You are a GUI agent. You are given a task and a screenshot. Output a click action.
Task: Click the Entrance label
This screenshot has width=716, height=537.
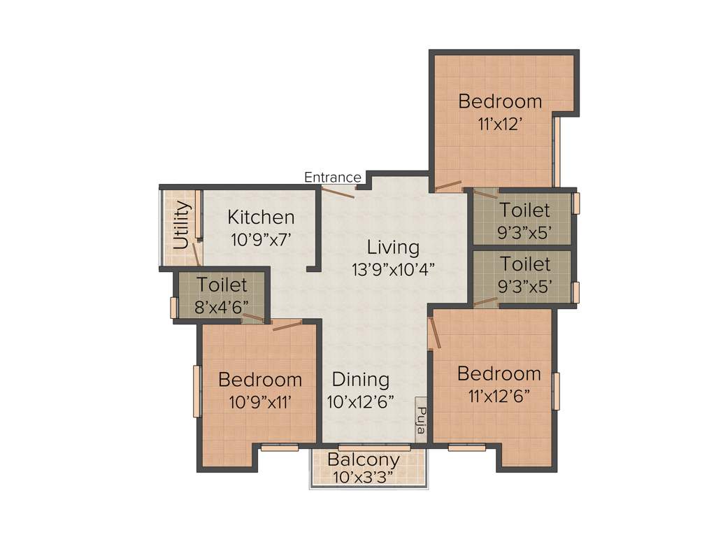(332, 178)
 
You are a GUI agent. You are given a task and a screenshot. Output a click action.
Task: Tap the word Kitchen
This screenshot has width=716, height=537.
(261, 217)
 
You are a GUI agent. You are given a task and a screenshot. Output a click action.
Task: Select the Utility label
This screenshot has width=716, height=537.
(181, 225)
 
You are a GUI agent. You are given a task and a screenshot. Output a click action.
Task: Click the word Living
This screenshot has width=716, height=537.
(394, 248)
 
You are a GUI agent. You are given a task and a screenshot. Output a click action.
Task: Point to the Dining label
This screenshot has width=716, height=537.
(360, 380)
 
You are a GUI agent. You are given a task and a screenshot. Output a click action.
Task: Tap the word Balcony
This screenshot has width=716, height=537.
(364, 460)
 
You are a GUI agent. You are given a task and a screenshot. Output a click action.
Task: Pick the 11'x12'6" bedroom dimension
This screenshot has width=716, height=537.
(499, 396)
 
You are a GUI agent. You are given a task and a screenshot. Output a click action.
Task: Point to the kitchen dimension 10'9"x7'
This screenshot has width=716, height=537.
(260, 239)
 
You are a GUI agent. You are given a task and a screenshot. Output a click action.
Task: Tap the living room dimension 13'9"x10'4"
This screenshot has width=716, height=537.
(394, 269)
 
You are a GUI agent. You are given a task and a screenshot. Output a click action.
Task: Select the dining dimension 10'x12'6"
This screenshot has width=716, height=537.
(360, 402)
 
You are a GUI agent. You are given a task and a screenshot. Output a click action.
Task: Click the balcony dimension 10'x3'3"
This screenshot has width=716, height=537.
(364, 478)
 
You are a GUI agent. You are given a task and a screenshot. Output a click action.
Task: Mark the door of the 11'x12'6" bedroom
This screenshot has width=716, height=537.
(434, 332)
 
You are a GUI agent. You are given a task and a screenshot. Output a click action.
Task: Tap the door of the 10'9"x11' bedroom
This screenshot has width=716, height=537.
(287, 325)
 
